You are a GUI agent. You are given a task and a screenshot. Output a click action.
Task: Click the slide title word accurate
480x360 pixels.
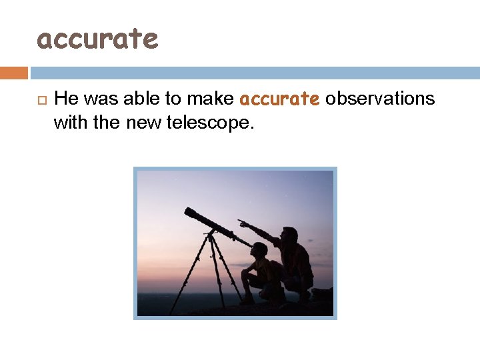tap(97, 39)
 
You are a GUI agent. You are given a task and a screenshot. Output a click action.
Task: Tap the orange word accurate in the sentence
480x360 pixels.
tap(279, 99)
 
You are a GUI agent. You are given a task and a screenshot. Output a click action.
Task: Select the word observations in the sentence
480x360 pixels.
tap(380, 99)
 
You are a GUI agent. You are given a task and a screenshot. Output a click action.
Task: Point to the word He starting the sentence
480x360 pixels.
tap(65, 99)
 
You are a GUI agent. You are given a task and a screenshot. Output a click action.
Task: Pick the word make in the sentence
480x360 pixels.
tap(210, 99)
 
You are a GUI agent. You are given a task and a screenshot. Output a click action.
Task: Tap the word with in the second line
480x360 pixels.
tap(68, 123)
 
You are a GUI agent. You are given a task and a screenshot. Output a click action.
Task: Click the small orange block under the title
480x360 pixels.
tap(13, 73)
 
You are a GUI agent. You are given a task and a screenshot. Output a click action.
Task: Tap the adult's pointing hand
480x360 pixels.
tap(241, 223)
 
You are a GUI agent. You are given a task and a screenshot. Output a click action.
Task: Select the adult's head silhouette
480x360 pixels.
tap(289, 235)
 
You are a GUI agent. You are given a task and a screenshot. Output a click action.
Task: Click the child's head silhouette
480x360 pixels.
tap(260, 251)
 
